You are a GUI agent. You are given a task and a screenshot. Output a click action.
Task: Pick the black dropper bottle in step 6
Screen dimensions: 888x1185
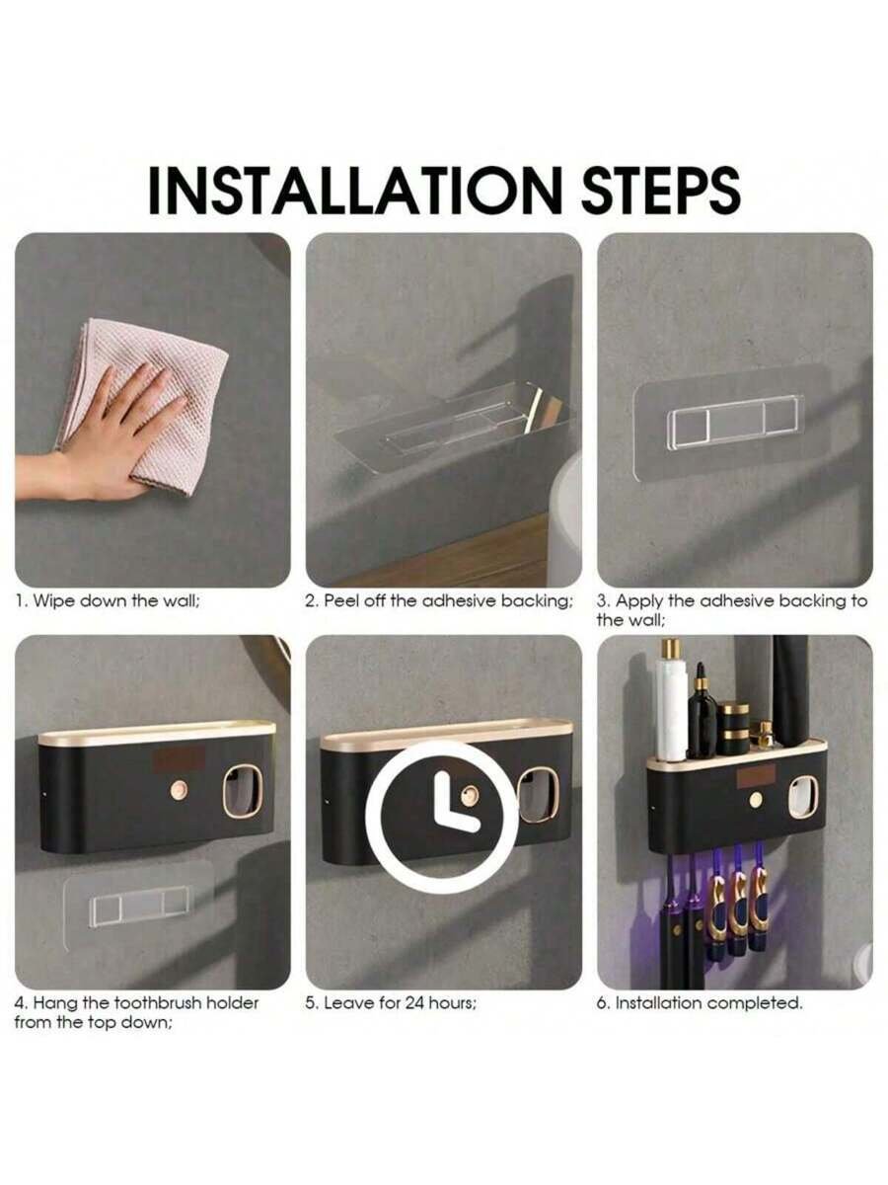(x=702, y=712)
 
